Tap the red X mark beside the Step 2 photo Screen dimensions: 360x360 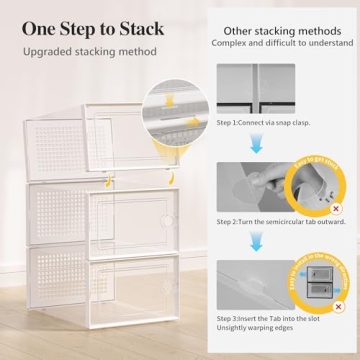tap(335, 208)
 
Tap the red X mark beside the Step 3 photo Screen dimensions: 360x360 tap(335, 304)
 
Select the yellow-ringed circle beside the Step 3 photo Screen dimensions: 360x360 tap(321, 282)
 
